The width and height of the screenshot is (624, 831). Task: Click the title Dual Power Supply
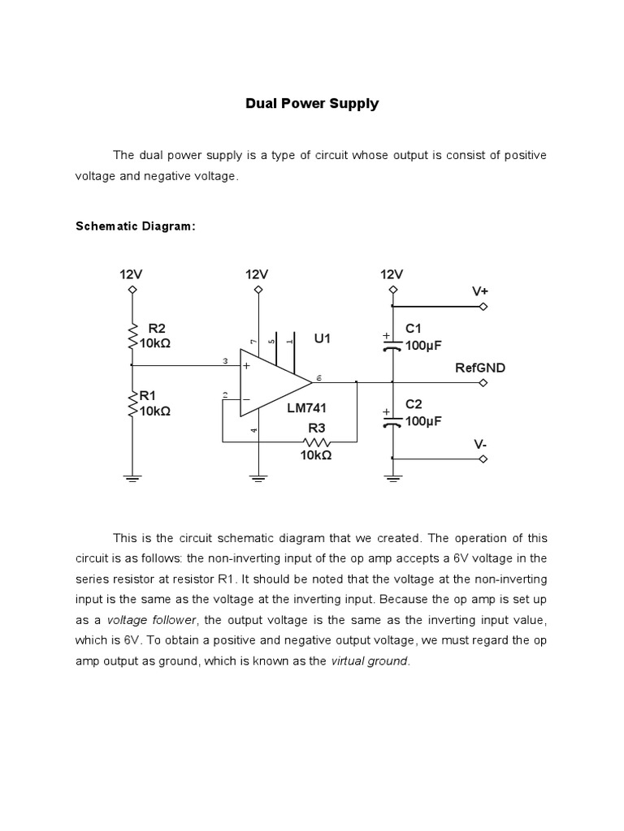313,104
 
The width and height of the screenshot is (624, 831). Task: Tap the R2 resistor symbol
132,335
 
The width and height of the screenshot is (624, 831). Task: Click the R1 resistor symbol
132,403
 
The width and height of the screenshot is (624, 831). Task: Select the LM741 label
306,408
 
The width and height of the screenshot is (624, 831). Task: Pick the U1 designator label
323,338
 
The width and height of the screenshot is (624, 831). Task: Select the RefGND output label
479,368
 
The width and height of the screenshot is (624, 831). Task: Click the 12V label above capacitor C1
392,274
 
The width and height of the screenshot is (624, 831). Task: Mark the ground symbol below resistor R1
132,478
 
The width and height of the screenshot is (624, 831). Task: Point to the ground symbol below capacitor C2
392,478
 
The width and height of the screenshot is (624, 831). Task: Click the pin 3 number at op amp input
224,361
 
